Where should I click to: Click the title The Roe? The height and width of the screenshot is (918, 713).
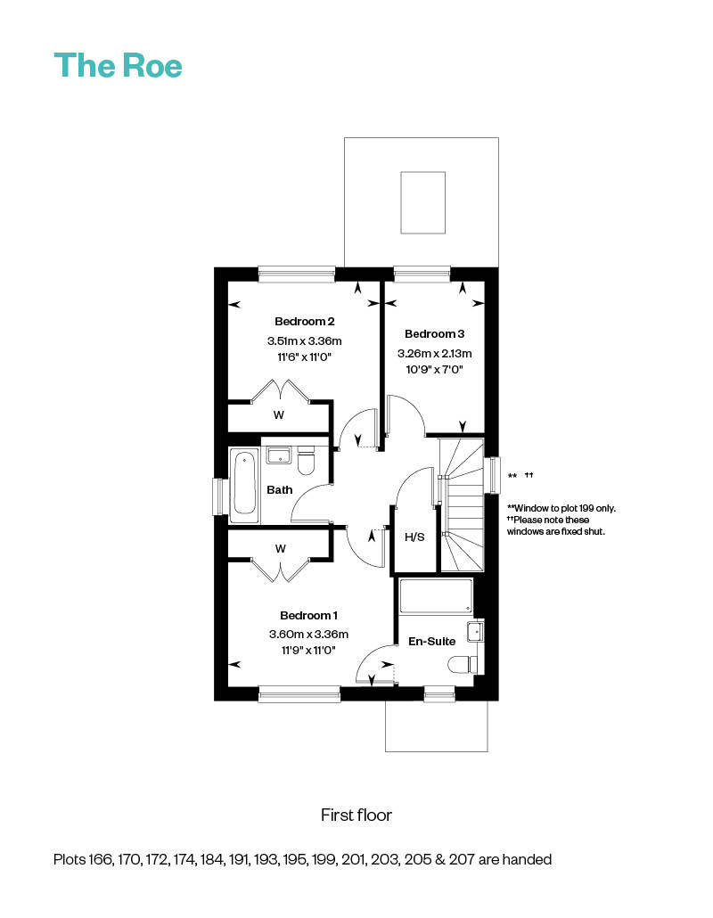118,65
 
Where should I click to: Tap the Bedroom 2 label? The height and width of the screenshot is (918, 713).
304,321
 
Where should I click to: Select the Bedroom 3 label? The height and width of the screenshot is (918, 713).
434,334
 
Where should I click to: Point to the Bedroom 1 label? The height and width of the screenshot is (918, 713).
308,615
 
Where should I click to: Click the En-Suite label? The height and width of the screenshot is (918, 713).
432,641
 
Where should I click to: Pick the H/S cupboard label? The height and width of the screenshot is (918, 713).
414,537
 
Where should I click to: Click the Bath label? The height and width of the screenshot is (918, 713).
280,489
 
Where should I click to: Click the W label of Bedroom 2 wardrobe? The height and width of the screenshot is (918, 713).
279,414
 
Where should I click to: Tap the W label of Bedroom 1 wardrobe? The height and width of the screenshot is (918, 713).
280,548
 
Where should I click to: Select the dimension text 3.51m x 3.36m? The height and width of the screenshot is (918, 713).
304,340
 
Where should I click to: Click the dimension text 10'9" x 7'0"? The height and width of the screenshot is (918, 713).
434,369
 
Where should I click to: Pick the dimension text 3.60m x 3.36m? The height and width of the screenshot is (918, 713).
308,635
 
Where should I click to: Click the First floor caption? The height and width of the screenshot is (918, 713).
356,815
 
